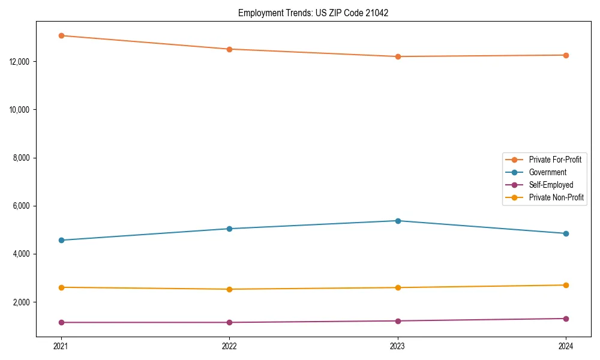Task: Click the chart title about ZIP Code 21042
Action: point(313,13)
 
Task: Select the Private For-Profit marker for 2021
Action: point(61,35)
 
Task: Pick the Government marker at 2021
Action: point(61,240)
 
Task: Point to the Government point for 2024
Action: point(566,233)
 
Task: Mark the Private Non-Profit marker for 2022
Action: point(229,289)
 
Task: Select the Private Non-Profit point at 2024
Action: point(566,285)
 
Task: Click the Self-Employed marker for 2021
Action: point(61,322)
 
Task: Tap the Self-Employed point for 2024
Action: point(566,319)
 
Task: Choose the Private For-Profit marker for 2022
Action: point(229,49)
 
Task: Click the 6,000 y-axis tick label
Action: point(23,206)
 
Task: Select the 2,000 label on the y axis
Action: point(23,302)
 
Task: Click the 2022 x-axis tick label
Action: point(229,346)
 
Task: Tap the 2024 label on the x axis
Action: point(566,346)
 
